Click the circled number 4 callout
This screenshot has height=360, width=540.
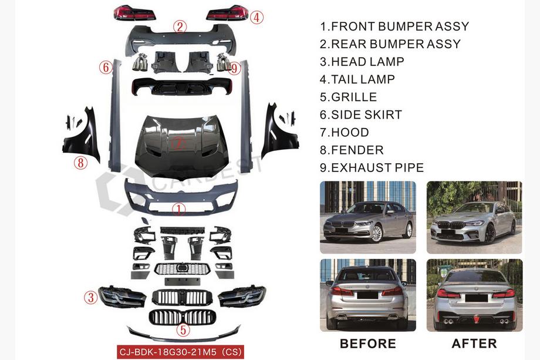pos(256,17)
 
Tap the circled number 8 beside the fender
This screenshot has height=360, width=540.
pos(80,163)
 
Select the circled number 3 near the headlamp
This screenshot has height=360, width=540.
pos(91,297)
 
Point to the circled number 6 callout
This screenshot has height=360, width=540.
pos(106,67)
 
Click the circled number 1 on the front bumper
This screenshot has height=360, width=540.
pos(179,209)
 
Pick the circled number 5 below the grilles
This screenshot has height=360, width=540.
pos(183,329)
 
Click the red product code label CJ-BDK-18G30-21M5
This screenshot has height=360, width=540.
pos(180,352)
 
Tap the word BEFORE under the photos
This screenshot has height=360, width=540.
pos(368,344)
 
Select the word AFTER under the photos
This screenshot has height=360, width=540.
pos(474,344)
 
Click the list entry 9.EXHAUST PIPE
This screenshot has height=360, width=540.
pos(372,167)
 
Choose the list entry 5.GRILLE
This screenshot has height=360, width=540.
pos(348,97)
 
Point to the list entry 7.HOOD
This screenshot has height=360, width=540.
pos(345,132)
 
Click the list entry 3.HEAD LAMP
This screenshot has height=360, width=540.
pos(362,62)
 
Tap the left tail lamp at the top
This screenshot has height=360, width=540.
pos(134,13)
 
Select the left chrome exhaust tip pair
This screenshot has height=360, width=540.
pos(140,62)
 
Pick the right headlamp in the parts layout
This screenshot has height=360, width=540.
pos(242,295)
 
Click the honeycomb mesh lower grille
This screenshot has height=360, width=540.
pos(182,269)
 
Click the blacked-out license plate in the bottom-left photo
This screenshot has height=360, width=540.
pos(367,295)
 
